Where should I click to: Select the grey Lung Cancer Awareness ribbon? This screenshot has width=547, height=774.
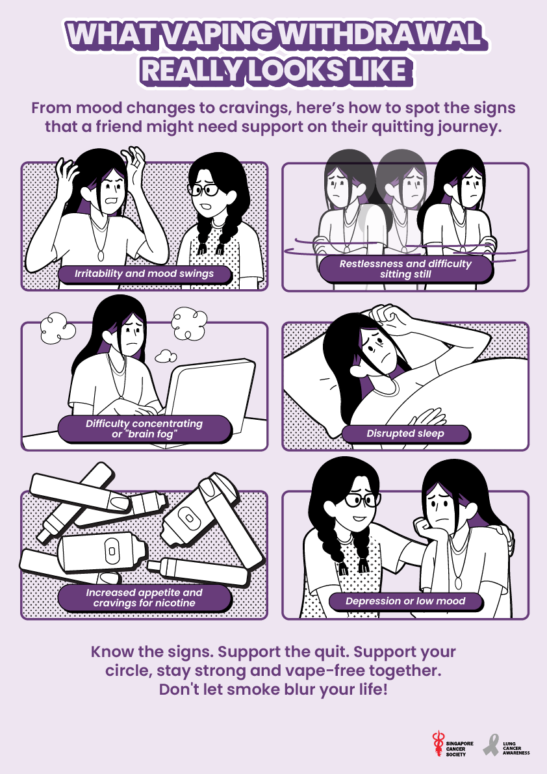coord(490,745)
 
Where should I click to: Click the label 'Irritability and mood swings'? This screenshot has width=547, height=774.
coord(144,274)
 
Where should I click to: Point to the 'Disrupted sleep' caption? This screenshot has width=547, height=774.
coord(405,433)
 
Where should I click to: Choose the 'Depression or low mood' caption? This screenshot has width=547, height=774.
coord(405,601)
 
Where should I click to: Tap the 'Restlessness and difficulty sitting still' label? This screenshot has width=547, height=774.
coord(405,269)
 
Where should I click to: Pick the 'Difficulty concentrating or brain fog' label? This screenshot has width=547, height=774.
coord(144,429)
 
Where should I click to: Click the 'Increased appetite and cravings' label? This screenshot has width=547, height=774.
coord(144,598)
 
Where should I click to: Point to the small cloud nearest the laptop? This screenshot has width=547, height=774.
coord(166,356)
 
